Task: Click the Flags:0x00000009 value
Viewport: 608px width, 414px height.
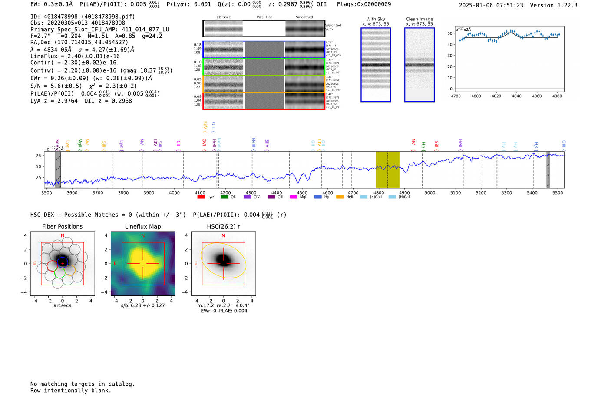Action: coord(364,4)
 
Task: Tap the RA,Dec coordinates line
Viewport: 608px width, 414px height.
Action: coord(79,43)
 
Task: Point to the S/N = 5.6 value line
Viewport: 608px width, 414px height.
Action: coord(56,86)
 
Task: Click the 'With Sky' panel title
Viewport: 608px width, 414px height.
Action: coord(375,19)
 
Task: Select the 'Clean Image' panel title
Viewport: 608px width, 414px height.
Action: coord(419,19)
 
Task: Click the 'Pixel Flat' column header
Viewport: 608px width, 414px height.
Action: coord(264,17)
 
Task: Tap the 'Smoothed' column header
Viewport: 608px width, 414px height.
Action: coord(304,17)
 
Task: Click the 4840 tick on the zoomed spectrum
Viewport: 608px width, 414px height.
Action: coord(516,96)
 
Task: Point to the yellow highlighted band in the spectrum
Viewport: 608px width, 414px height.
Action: coord(387,169)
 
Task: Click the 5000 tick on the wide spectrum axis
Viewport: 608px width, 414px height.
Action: coord(430,193)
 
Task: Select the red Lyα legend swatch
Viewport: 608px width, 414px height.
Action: coord(201,197)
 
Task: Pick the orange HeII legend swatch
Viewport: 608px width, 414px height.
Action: coord(340,197)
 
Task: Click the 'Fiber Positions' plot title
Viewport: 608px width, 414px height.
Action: coord(62,227)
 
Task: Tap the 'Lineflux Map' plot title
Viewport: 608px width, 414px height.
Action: coord(142,227)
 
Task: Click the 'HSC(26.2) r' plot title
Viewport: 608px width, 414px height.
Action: coord(223,227)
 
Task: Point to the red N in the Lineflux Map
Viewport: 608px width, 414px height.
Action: coord(143,236)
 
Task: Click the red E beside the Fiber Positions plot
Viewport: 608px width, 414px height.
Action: coord(35,264)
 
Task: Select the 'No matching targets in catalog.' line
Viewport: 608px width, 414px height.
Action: coord(83,384)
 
